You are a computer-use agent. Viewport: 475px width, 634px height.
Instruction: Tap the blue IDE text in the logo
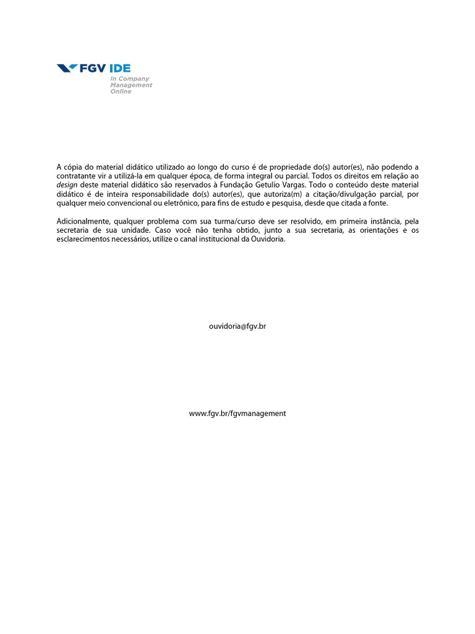click(x=120, y=69)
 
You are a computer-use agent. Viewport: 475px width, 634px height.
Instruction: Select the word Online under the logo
click(x=121, y=92)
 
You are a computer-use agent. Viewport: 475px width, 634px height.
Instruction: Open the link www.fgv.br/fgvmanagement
click(x=237, y=414)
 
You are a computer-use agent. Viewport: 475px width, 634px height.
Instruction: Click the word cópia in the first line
click(x=75, y=167)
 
